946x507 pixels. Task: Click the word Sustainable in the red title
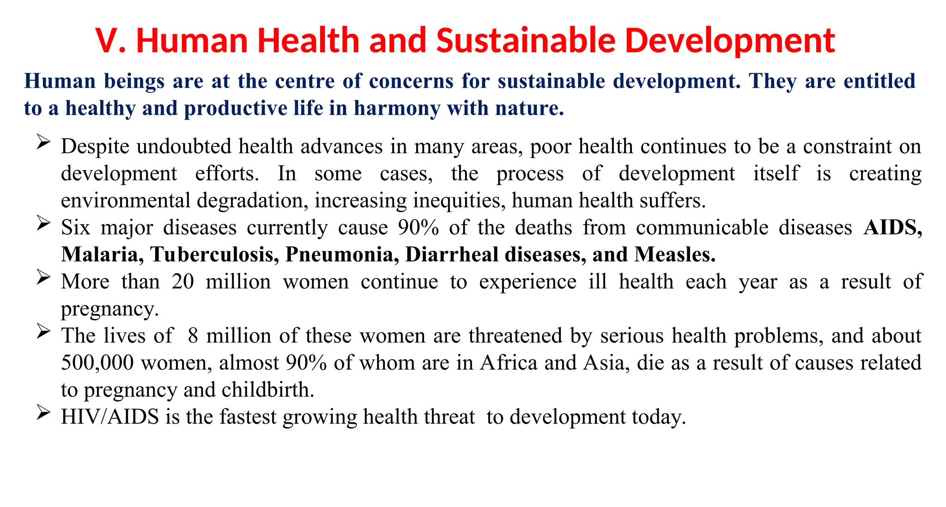click(x=525, y=41)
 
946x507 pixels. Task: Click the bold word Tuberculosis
click(x=214, y=255)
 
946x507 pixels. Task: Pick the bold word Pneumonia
click(x=342, y=255)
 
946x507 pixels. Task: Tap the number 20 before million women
click(x=183, y=282)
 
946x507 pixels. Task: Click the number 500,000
click(x=97, y=363)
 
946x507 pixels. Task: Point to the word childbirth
click(x=267, y=390)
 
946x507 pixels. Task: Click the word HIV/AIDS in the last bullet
click(x=110, y=417)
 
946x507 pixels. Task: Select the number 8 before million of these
click(x=193, y=336)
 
